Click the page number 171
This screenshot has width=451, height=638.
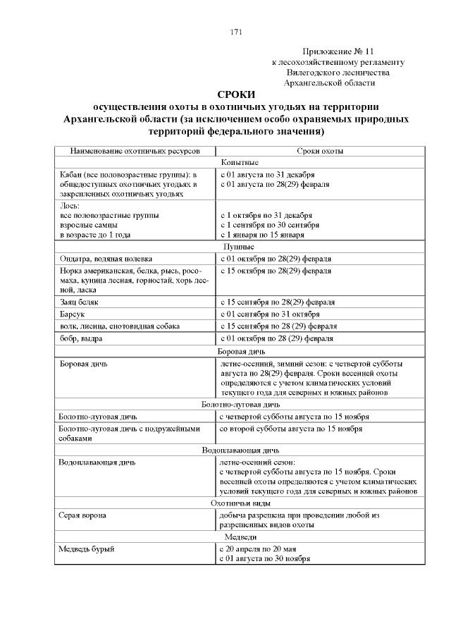pos(236,32)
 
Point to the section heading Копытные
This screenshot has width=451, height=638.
pos(240,162)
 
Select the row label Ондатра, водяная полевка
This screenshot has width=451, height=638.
pos(106,259)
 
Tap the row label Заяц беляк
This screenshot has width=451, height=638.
pos(80,302)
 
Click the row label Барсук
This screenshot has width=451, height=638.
pos(73,314)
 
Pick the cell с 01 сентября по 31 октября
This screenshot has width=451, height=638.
pos(270,314)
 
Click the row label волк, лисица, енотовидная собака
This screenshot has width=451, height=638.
pos(120,326)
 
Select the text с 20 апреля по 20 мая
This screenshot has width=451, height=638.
pos(260,548)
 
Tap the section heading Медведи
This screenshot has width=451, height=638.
pos(240,537)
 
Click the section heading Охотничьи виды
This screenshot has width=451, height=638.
pos(240,503)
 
